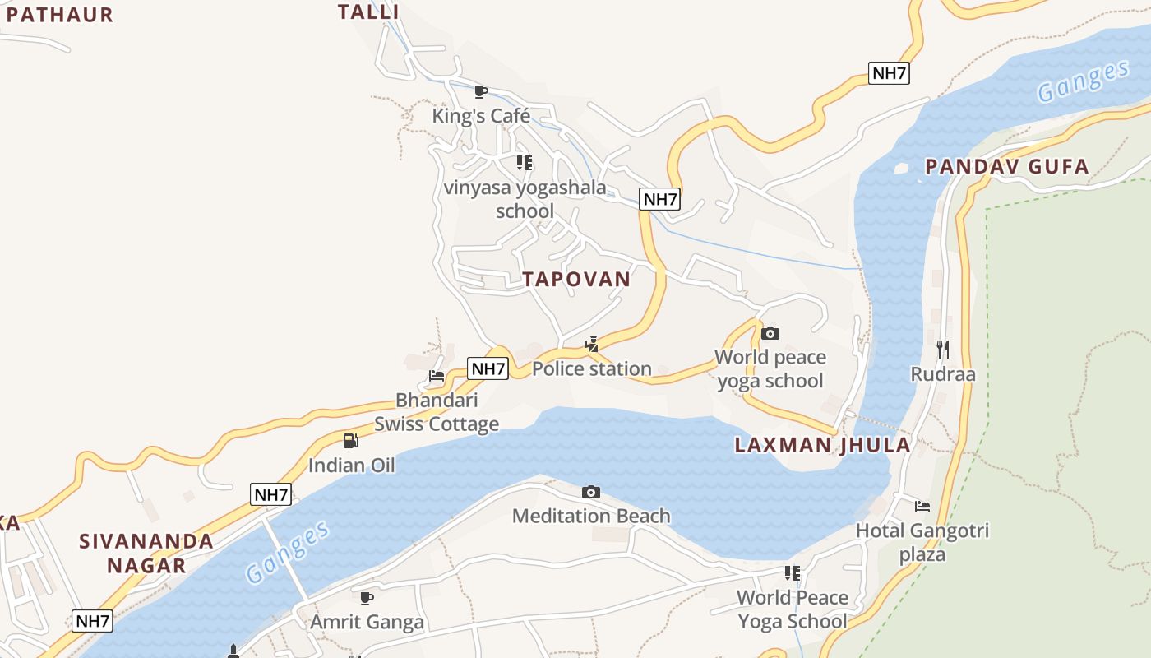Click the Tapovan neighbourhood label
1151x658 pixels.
tap(576, 279)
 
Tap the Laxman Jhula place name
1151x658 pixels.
tap(822, 445)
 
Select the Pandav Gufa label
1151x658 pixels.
tap(1006, 167)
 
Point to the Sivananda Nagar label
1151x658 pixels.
tap(146, 553)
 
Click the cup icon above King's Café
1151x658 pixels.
tap(481, 91)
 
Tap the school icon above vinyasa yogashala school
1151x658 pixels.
tap(525, 163)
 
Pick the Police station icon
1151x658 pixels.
tap(591, 345)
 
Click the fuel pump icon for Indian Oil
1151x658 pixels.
tap(351, 441)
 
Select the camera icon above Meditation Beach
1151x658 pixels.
tap(590, 492)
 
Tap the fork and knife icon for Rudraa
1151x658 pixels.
tap(942, 350)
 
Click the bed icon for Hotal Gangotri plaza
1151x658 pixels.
tap(922, 506)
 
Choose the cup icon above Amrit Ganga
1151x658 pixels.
tap(367, 597)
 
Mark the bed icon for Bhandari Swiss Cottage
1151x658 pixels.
tap(437, 376)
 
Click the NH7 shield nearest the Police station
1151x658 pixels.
tap(488, 368)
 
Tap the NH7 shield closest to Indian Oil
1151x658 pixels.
tap(270, 494)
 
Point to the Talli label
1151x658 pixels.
tap(368, 12)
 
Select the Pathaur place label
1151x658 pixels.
tap(59, 14)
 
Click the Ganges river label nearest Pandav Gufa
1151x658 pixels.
tap(1083, 81)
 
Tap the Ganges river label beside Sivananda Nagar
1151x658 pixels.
tap(288, 552)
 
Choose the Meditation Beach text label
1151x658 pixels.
tap(591, 516)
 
